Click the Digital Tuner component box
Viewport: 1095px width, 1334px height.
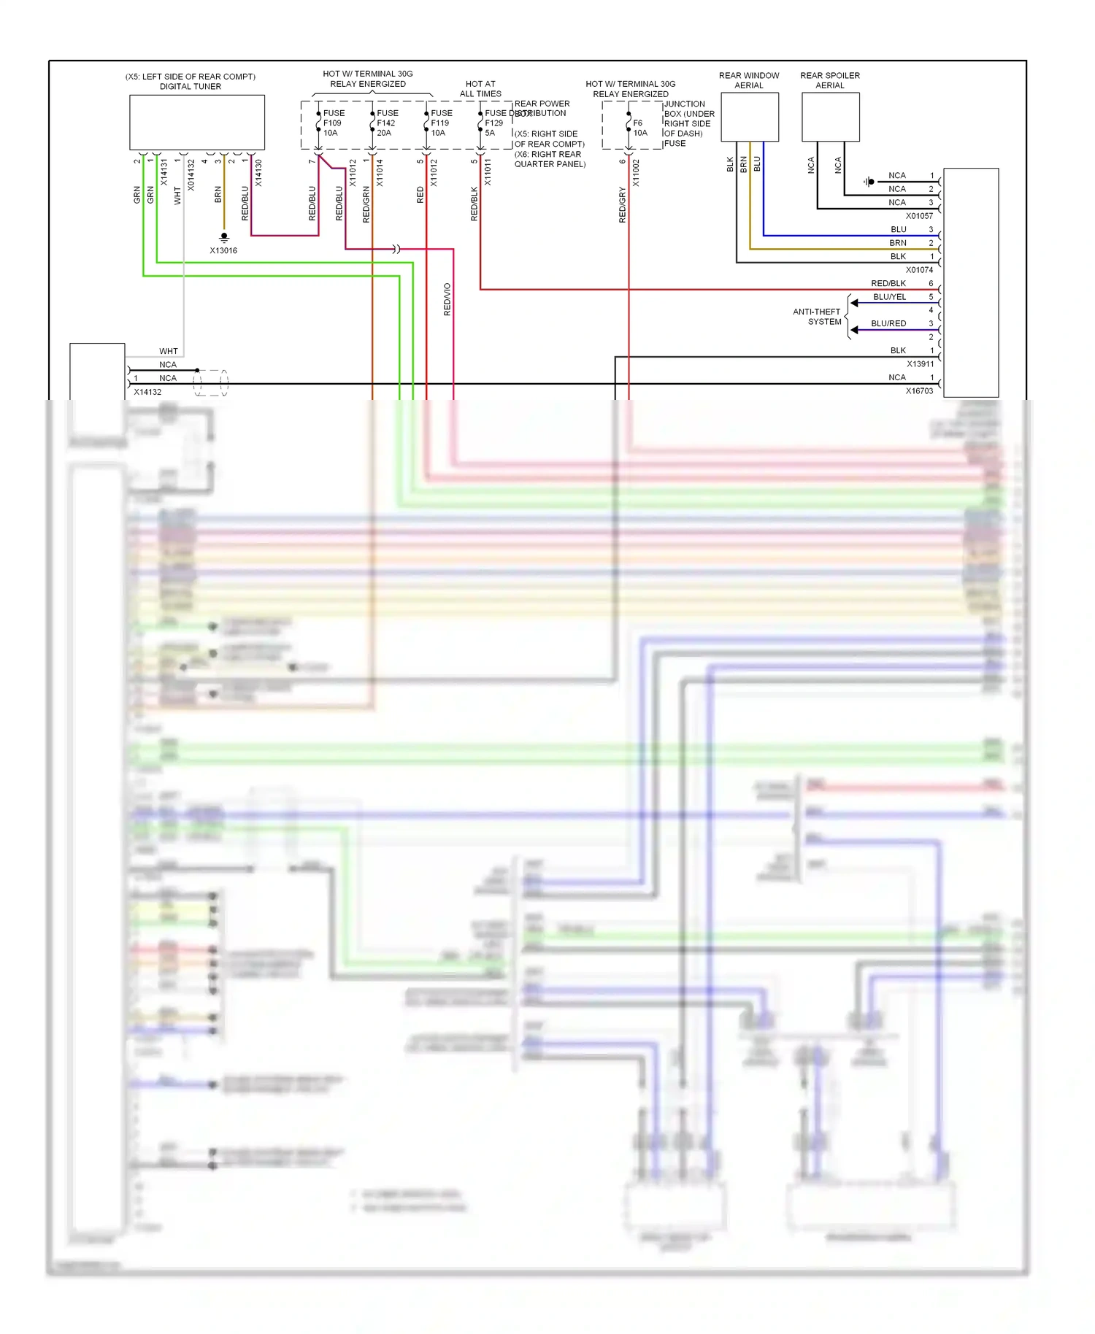click(x=197, y=123)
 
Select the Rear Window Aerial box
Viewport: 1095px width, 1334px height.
click(x=750, y=117)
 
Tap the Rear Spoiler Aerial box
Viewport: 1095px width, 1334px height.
click(x=830, y=117)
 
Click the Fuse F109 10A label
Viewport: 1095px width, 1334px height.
click(x=333, y=123)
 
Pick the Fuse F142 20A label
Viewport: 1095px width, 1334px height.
click(x=387, y=123)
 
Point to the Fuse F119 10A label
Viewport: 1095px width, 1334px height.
click(x=441, y=123)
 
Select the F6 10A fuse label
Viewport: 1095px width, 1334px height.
click(x=639, y=128)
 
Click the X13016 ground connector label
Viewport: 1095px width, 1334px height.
click(x=223, y=250)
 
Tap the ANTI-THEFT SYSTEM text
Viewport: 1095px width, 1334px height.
click(x=817, y=317)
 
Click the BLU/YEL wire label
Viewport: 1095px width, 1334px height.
click(x=889, y=297)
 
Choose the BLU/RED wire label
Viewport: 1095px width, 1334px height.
click(x=888, y=323)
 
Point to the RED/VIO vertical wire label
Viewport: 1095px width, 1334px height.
click(x=447, y=299)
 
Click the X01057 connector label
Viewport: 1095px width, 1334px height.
click(x=919, y=216)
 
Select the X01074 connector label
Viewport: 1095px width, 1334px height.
click(x=919, y=270)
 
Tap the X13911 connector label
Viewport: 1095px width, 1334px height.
click(x=920, y=364)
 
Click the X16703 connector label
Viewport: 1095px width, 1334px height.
click(x=919, y=391)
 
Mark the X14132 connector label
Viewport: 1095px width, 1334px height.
click(x=147, y=392)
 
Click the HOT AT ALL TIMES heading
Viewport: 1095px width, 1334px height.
click(x=480, y=89)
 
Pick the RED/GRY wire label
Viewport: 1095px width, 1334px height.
click(x=622, y=205)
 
